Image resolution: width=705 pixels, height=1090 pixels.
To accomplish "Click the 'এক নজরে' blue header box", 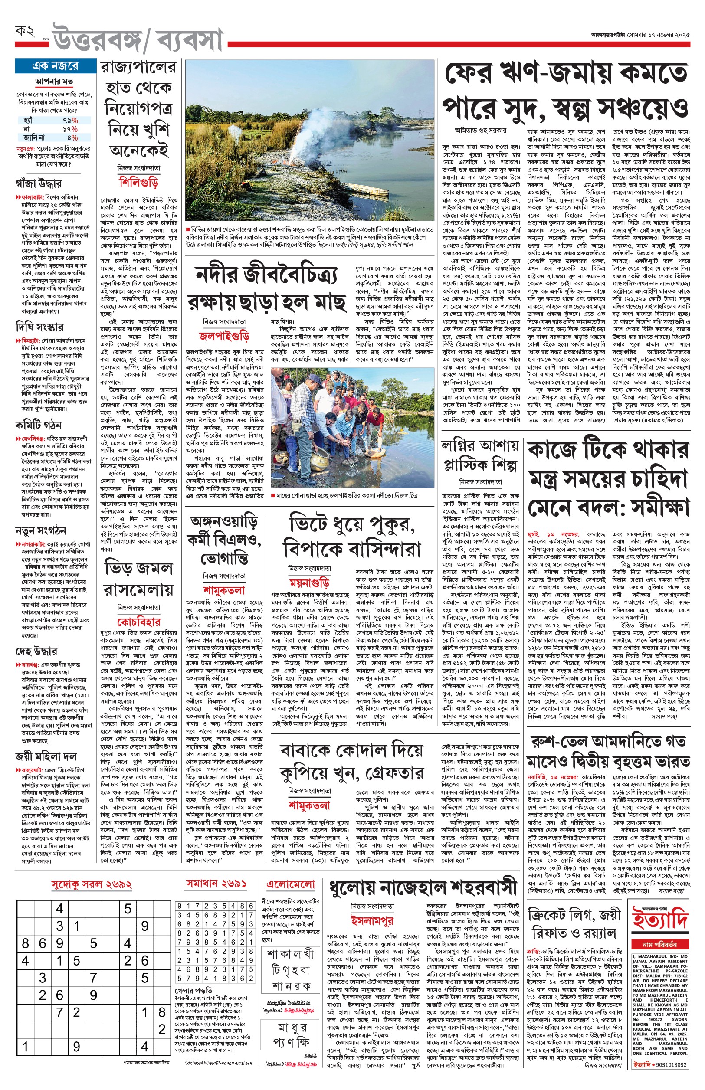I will coord(56,66).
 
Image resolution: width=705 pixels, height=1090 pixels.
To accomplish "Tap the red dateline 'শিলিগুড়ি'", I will coord(139,182).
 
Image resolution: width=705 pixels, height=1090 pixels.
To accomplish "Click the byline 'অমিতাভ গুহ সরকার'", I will coord(480,131).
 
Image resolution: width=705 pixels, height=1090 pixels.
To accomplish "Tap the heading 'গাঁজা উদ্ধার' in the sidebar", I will coord(39,184).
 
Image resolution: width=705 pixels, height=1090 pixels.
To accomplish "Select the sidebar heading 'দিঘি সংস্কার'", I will coord(39,327).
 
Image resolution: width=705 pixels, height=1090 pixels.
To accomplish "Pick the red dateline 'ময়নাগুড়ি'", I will coord(309,583).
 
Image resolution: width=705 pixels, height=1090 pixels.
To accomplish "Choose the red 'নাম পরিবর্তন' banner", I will coord(660,944).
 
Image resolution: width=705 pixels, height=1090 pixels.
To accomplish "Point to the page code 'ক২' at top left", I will coord(25,32).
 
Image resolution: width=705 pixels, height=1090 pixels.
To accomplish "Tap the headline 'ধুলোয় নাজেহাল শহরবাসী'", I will coord(423,888).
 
